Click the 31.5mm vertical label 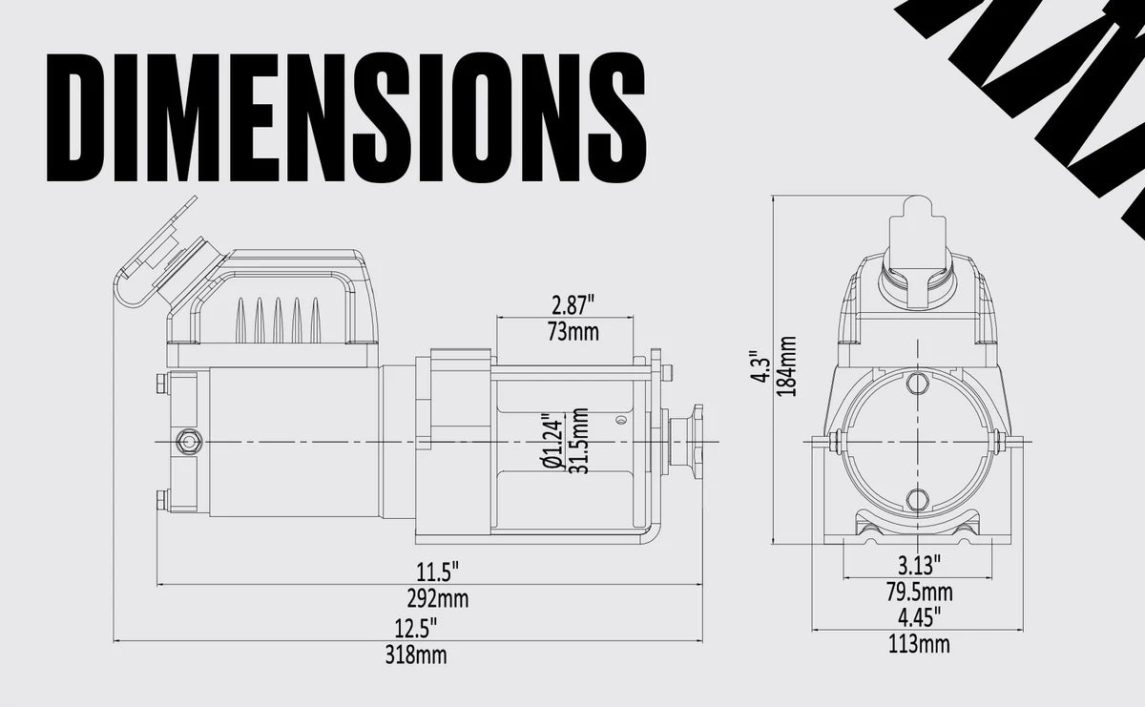(x=576, y=441)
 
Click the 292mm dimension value (x=438, y=599)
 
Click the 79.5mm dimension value (x=919, y=592)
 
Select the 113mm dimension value (x=919, y=644)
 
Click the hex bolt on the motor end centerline (x=186, y=441)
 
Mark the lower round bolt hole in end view (x=917, y=499)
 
